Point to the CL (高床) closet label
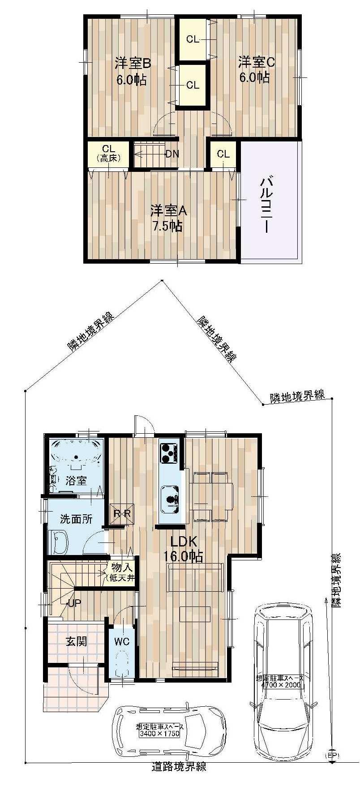pyautogui.click(x=108, y=153)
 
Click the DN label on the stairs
pyautogui.click(x=172, y=154)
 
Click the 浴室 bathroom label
pyautogui.click(x=76, y=481)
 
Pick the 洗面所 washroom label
pyautogui.click(x=76, y=519)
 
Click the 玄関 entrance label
pyautogui.click(x=76, y=641)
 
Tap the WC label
pyautogui.click(x=121, y=641)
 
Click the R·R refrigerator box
pyautogui.click(x=121, y=513)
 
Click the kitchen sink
pyautogui.click(x=171, y=500)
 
